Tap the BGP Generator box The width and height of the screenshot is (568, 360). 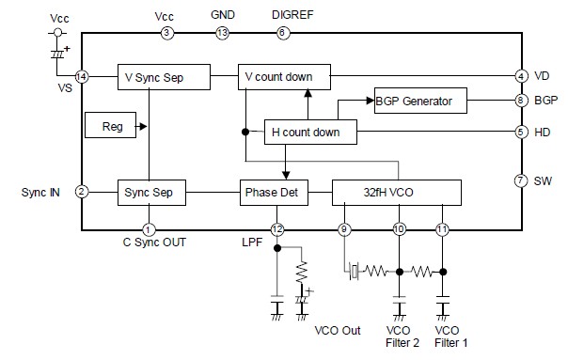click(413, 101)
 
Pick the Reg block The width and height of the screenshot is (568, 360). click(111, 124)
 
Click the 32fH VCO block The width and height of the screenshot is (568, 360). click(397, 193)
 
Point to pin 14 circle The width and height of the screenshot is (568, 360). click(82, 76)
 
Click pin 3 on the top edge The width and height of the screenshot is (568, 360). click(167, 34)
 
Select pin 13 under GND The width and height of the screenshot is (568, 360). click(222, 34)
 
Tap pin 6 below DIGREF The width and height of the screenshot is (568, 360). click(282, 34)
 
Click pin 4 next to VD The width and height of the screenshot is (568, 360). click(520, 76)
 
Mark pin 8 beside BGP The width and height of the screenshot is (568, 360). click(520, 101)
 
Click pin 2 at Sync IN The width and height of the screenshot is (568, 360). click(82, 193)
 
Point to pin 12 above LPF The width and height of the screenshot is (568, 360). click(276, 228)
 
